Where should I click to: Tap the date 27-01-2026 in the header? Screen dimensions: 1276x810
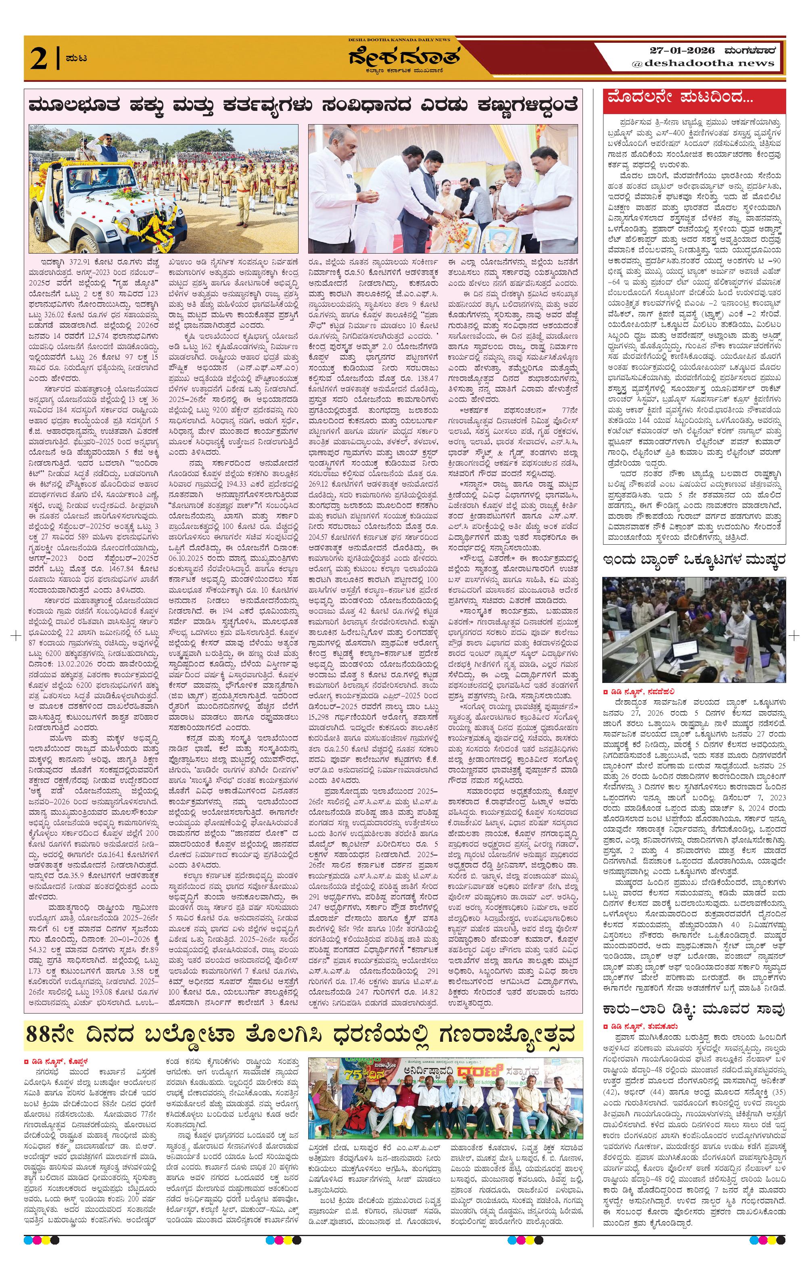(682, 50)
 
